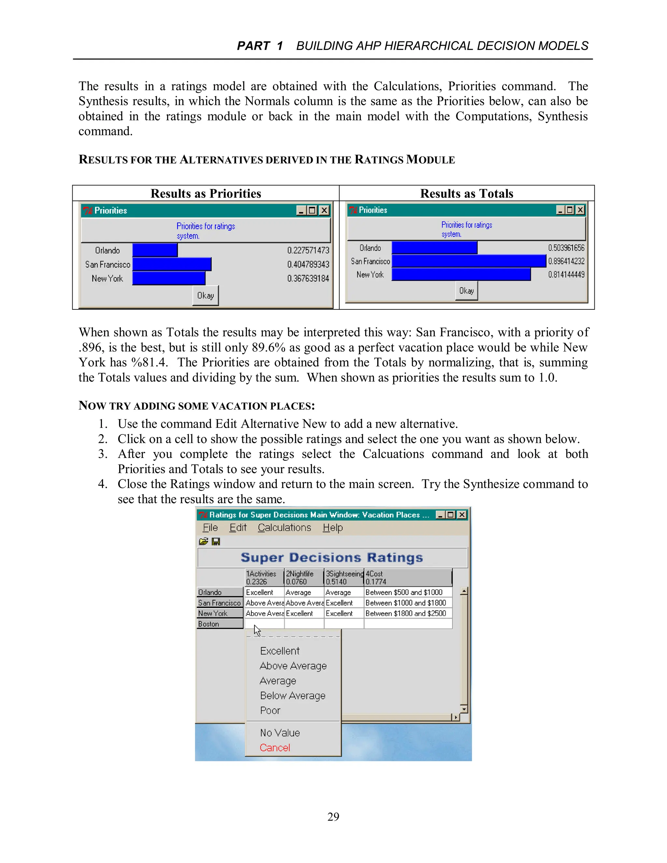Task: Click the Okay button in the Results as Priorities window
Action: (x=205, y=296)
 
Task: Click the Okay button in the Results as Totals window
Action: (x=466, y=291)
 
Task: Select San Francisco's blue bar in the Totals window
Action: (x=469, y=261)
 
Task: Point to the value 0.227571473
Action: (x=308, y=250)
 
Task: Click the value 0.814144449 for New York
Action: (x=566, y=275)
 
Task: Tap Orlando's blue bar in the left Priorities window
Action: (x=155, y=250)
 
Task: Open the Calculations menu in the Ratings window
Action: (x=284, y=528)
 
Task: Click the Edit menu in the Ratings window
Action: (x=238, y=528)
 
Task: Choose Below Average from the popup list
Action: (x=292, y=696)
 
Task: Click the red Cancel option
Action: (x=275, y=748)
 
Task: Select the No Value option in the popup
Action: (x=280, y=733)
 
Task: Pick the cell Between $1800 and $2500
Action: (x=406, y=613)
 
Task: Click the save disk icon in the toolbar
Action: (x=216, y=542)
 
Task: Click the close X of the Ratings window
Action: (x=461, y=515)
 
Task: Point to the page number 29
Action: (x=333, y=816)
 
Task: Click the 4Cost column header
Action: (x=407, y=578)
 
